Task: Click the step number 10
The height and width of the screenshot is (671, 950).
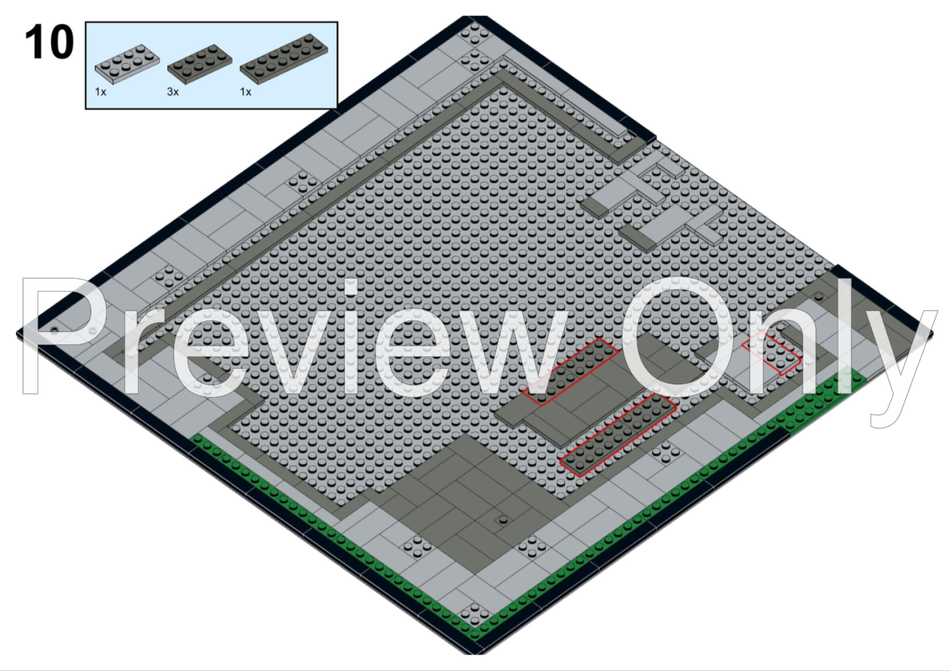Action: [x=49, y=42]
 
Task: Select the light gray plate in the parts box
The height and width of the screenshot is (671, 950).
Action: [x=128, y=63]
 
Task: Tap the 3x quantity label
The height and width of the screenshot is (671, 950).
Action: [x=173, y=92]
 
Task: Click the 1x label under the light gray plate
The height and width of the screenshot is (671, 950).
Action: [x=100, y=92]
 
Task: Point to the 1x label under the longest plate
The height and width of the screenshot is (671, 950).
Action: [x=245, y=92]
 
